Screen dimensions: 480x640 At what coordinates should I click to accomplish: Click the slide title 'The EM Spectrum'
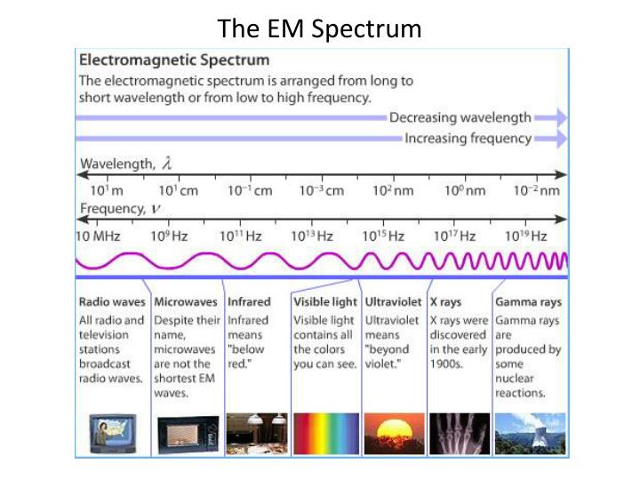[x=320, y=28]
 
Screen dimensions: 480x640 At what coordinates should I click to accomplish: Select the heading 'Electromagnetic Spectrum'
[x=174, y=61]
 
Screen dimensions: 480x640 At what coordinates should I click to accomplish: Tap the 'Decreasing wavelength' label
[x=460, y=117]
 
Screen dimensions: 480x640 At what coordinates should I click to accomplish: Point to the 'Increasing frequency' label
[x=468, y=139]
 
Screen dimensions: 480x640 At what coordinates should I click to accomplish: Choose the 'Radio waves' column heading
[x=112, y=302]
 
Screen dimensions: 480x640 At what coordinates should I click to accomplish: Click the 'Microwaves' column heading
[x=187, y=302]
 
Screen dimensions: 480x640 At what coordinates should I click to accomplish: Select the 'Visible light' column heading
[x=325, y=302]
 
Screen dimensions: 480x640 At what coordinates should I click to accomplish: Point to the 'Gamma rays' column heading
[x=528, y=302]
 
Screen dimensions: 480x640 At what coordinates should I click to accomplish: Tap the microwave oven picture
[x=188, y=433]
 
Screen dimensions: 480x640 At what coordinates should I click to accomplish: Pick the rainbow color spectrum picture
[x=325, y=433]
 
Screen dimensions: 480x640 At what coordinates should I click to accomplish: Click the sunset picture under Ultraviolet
[x=394, y=433]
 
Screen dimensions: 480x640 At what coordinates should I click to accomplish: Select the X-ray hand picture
[x=459, y=433]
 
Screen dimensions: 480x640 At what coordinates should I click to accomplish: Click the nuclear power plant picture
[x=529, y=433]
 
